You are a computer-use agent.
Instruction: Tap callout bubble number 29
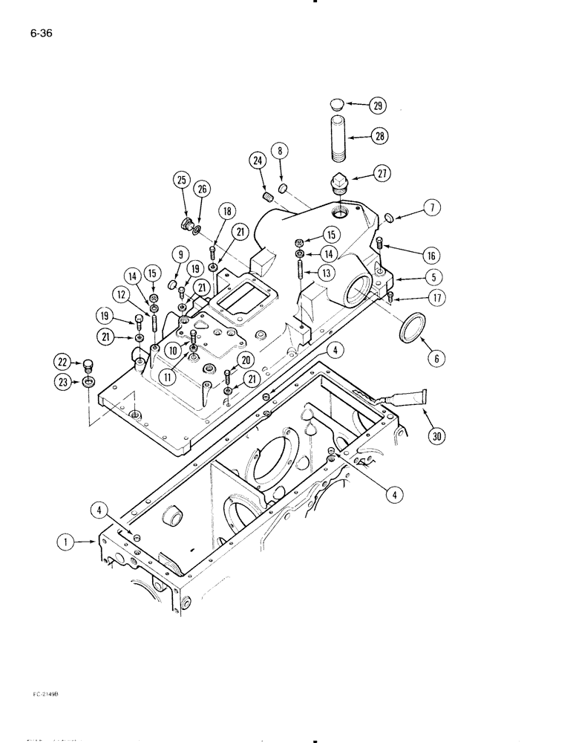click(379, 106)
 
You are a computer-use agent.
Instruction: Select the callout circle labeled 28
click(379, 136)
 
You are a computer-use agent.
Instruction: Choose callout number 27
click(379, 174)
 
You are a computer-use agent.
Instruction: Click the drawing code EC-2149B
click(46, 693)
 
